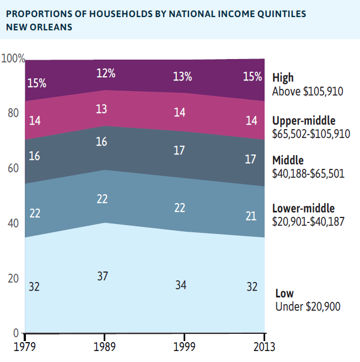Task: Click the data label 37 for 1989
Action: tap(102, 276)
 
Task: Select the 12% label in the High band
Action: tap(105, 73)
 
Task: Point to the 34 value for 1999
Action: tap(181, 285)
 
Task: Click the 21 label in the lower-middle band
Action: tap(251, 216)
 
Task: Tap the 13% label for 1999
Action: tap(182, 77)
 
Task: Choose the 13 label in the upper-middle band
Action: tap(101, 109)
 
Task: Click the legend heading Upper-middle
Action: tap(304, 121)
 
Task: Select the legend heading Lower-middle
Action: tap(304, 209)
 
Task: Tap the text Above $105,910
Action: tap(308, 91)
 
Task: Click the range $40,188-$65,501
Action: tap(308, 173)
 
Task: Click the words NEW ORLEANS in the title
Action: tap(39, 26)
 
